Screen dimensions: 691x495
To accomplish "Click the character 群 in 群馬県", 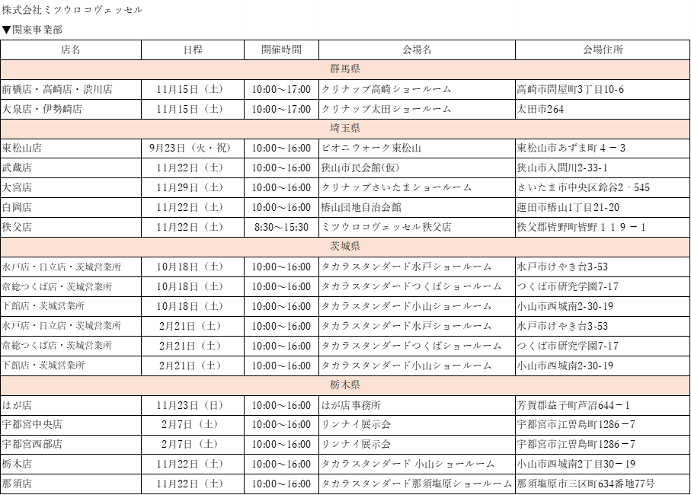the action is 335,69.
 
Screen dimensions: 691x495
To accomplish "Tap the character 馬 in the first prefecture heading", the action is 345,69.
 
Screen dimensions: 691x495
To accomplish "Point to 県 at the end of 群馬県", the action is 355,69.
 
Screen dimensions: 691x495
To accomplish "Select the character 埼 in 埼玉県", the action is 335,129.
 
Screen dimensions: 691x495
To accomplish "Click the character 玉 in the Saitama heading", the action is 345,129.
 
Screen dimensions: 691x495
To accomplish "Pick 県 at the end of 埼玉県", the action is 355,129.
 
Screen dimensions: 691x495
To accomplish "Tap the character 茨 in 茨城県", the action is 335,247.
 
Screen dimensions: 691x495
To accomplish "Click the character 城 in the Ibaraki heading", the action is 345,247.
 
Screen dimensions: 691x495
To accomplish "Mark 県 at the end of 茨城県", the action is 355,247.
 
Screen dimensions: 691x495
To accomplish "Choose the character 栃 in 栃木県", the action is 335,385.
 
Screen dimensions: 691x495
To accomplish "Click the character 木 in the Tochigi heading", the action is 345,385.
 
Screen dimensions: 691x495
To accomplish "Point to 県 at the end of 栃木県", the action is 355,385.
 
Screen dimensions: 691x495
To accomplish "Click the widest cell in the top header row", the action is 122,10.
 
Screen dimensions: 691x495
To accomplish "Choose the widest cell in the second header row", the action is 417,30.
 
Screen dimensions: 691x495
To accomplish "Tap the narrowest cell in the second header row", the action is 282,30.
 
